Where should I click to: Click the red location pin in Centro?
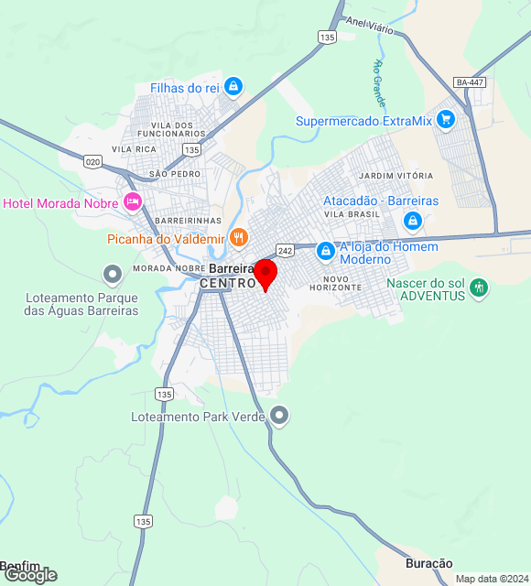[265, 274]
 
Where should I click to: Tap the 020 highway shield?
[92, 161]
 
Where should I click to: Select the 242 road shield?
[285, 250]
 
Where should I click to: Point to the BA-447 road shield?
[470, 82]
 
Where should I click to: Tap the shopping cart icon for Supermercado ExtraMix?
[446, 119]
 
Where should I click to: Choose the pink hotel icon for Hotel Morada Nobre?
[133, 201]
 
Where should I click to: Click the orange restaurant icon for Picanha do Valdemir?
[238, 237]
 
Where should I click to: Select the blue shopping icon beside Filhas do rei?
[233, 87]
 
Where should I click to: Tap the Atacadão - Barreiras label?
[381, 201]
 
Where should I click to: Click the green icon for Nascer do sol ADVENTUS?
[478, 289]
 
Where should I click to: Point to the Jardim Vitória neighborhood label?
[396, 175]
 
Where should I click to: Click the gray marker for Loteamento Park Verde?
[280, 417]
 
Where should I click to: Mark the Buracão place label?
[429, 563]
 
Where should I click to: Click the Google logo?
[30, 575]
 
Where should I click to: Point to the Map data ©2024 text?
[492, 579]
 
